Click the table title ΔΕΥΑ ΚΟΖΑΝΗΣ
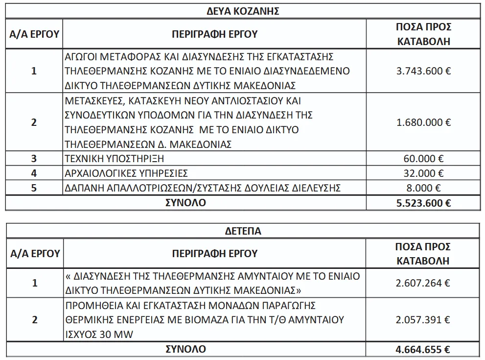click(243, 11)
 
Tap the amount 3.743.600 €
click(423, 71)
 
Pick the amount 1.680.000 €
click(423, 122)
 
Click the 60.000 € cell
click(423, 159)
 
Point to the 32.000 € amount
click(423, 173)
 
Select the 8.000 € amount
click(423, 188)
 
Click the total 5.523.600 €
click(423, 203)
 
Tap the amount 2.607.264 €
click(423, 283)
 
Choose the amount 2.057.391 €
click(423, 320)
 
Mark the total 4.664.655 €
click(423, 350)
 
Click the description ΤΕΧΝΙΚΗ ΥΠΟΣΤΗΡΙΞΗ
click(114, 159)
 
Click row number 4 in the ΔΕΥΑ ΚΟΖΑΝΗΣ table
click(34, 173)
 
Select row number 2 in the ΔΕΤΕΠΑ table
click(34, 320)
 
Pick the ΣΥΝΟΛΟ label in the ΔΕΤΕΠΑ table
click(185, 350)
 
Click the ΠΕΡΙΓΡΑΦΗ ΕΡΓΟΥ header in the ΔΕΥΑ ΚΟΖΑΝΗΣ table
click(214, 34)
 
